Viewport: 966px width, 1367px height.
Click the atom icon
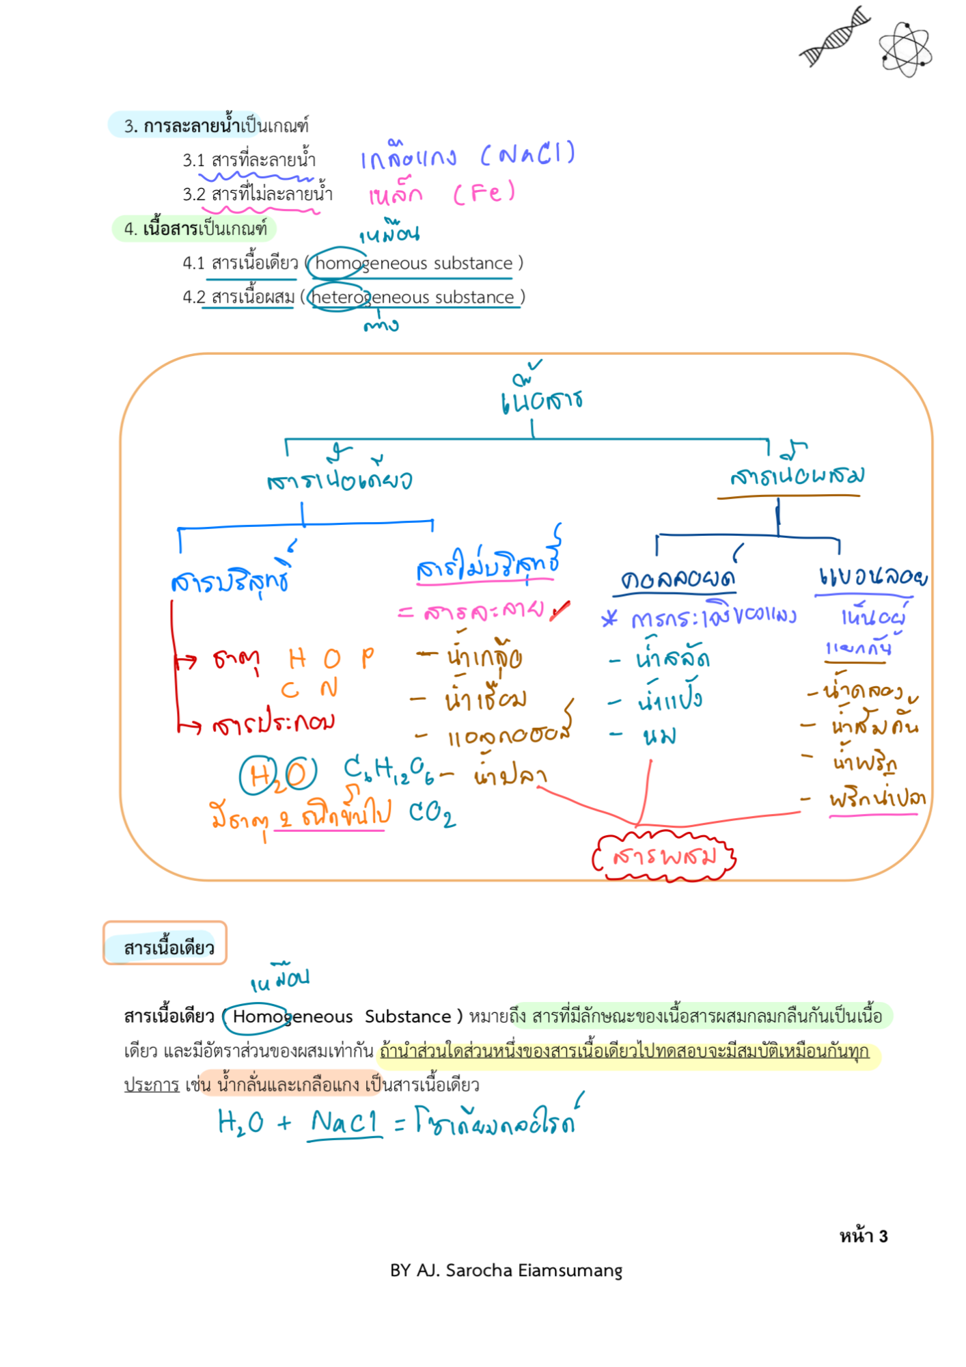(905, 49)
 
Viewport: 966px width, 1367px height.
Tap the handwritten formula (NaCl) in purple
(528, 154)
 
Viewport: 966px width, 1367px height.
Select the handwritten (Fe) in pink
(484, 193)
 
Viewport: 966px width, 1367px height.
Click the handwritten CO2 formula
(432, 813)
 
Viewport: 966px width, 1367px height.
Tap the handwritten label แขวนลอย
(872, 577)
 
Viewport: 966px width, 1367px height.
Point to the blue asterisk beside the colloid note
(609, 619)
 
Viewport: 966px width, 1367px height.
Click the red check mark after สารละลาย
(560, 610)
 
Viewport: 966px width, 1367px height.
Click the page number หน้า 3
(863, 1236)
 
